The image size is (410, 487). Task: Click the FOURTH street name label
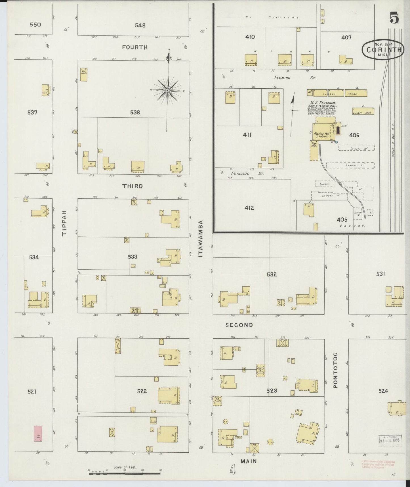click(x=135, y=47)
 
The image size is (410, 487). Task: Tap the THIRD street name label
click(x=133, y=186)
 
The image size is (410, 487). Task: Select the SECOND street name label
click(x=239, y=325)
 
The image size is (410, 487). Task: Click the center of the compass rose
click(x=168, y=90)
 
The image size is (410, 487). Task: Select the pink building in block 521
click(x=38, y=433)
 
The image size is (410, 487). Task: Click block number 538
click(x=135, y=113)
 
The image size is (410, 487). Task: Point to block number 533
click(x=133, y=257)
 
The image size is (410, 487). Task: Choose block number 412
click(x=249, y=208)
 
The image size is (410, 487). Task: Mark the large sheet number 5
click(x=394, y=18)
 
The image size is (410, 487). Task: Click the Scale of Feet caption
click(x=125, y=467)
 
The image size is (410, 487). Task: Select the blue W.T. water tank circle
click(x=337, y=142)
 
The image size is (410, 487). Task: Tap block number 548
click(x=140, y=25)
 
